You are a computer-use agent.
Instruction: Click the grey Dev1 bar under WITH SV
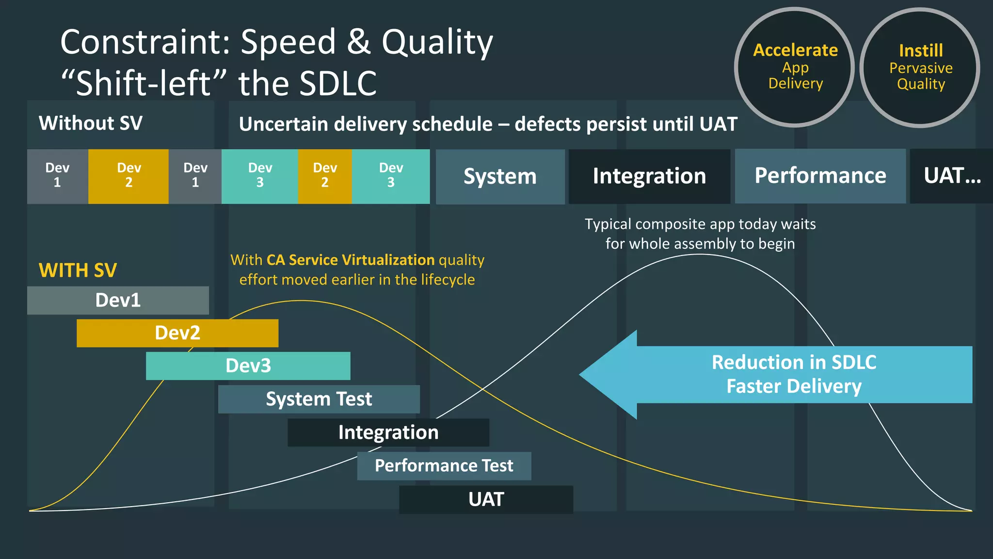pyautogui.click(x=118, y=300)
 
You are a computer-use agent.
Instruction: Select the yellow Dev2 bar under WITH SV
pyautogui.click(x=177, y=333)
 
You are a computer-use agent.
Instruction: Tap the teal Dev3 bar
pyautogui.click(x=248, y=366)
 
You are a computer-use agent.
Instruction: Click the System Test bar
pyautogui.click(x=319, y=399)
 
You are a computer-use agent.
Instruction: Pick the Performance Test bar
pyautogui.click(x=444, y=466)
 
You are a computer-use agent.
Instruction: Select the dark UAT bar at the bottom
pyautogui.click(x=486, y=499)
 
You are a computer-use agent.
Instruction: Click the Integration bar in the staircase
pyautogui.click(x=388, y=432)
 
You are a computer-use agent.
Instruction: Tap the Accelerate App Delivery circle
pyautogui.click(x=795, y=67)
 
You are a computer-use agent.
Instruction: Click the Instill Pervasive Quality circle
pyautogui.click(x=920, y=67)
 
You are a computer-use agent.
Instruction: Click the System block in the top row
pyautogui.click(x=500, y=176)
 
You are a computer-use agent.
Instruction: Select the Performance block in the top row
pyautogui.click(x=820, y=176)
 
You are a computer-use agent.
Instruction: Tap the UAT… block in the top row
pyautogui.click(x=951, y=176)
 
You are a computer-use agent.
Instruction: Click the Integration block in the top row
pyautogui.click(x=649, y=176)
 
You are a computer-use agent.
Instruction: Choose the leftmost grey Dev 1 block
pyautogui.click(x=57, y=176)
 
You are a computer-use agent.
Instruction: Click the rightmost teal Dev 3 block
pyautogui.click(x=391, y=176)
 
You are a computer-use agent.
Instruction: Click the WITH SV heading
pyautogui.click(x=78, y=270)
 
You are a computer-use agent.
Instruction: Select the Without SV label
pyautogui.click(x=90, y=123)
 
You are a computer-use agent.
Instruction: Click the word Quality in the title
pyautogui.click(x=437, y=43)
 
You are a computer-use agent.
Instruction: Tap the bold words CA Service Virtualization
pyautogui.click(x=351, y=260)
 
